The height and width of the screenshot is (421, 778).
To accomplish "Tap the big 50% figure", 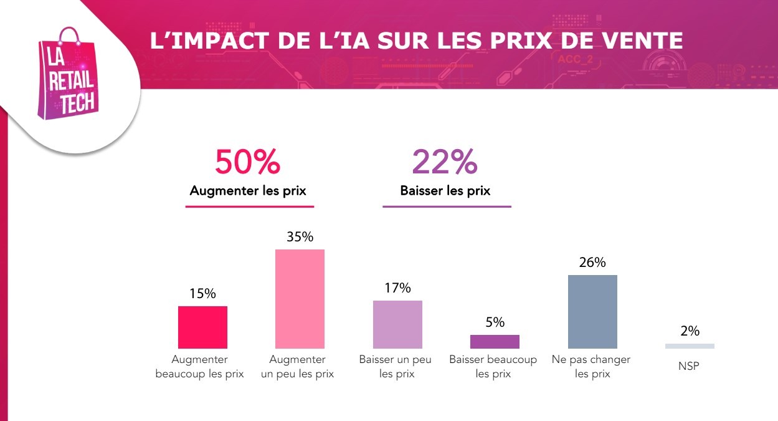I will point(248,162).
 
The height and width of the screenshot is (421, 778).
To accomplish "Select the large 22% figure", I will point(445,162).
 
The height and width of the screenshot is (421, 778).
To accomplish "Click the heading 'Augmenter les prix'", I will point(248,191).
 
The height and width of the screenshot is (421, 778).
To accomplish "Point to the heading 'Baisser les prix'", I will point(445,191).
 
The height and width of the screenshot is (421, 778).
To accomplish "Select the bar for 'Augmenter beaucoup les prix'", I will point(202,327).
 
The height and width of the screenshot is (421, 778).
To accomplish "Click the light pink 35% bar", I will point(300,299).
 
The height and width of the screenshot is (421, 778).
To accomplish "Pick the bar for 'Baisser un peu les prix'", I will point(397,324).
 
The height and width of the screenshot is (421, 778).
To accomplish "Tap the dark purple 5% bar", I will point(495,341).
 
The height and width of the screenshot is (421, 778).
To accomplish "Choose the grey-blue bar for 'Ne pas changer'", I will point(592,311).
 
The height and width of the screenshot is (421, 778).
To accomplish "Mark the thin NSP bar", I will point(690,346).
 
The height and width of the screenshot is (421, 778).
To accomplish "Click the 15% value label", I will point(202,294).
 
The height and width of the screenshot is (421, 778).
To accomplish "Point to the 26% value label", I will point(592,263).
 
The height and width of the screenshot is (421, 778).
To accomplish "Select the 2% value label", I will point(690,331).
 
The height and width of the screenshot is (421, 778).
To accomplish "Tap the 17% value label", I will point(397,288).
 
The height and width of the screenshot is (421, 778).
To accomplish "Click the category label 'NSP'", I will point(689,367).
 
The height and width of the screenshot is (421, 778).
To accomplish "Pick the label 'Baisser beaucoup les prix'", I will point(493,367).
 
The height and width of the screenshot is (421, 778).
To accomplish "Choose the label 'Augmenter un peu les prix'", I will point(297,367).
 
